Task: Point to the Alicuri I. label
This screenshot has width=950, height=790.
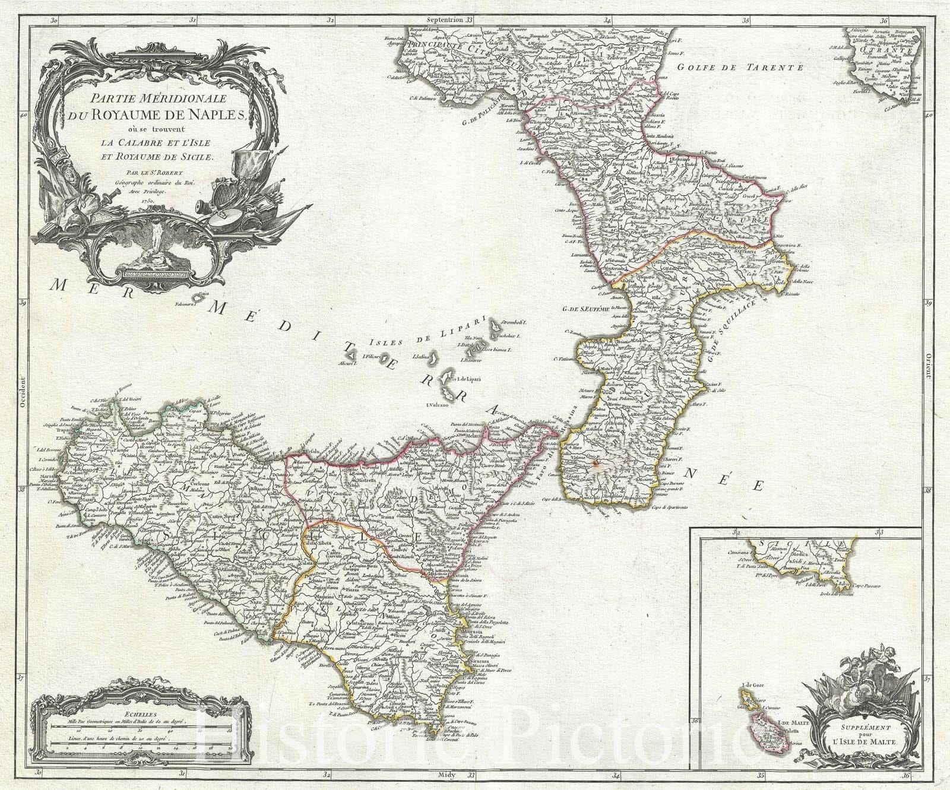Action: (x=347, y=363)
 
